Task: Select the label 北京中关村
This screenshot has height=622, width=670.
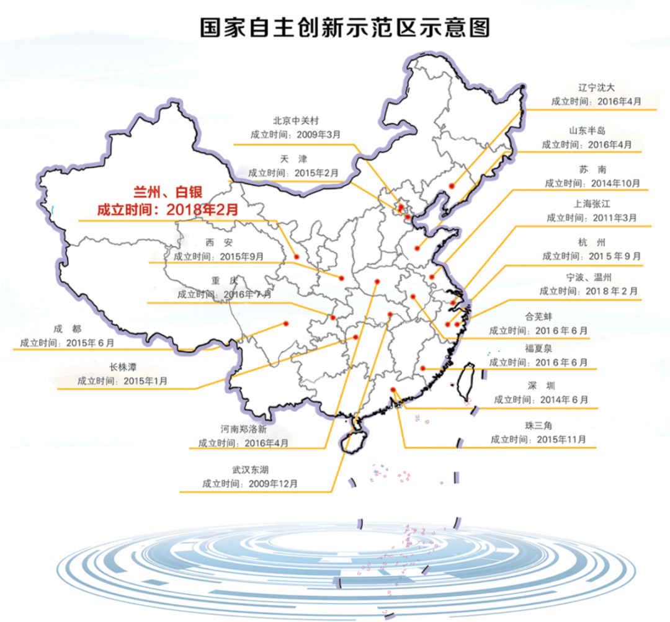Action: (295, 120)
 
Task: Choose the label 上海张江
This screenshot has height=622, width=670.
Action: (591, 203)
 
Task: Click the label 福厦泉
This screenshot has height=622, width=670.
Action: (538, 349)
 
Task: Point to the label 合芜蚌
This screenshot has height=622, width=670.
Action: (538, 316)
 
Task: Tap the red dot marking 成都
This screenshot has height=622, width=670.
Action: (286, 323)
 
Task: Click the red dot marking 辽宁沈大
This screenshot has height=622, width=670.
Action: (452, 185)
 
